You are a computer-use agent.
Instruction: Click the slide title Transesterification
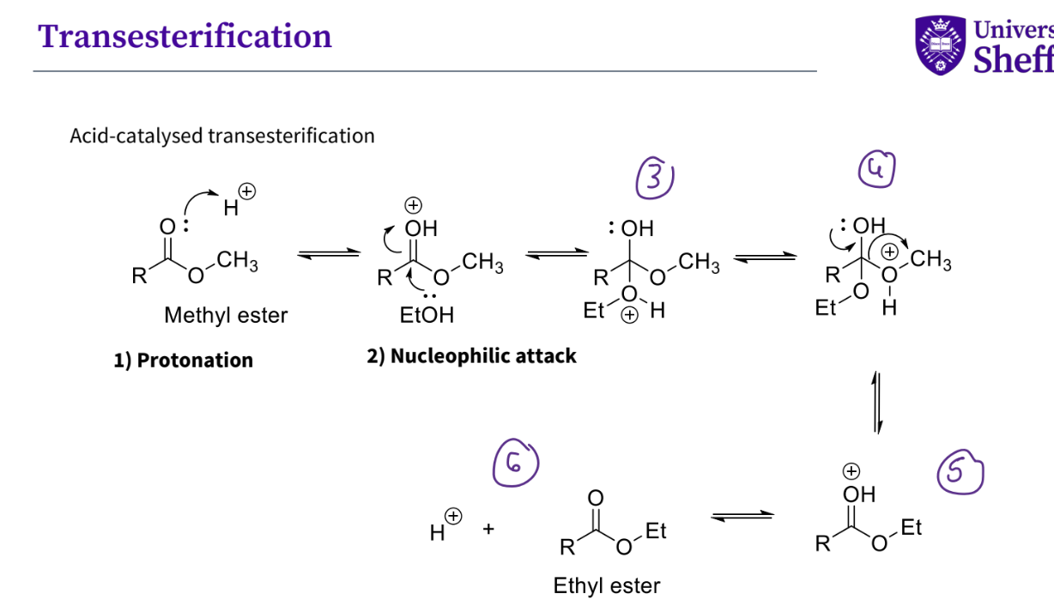pyautogui.click(x=185, y=36)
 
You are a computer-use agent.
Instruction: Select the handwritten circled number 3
pyautogui.click(x=655, y=179)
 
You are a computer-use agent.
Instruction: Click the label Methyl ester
pyautogui.click(x=226, y=316)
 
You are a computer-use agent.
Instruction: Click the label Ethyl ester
pyautogui.click(x=607, y=586)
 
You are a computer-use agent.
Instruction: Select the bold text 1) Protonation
pyautogui.click(x=183, y=360)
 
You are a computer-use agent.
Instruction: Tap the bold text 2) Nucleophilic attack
pyautogui.click(x=471, y=356)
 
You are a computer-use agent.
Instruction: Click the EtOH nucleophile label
pyautogui.click(x=427, y=315)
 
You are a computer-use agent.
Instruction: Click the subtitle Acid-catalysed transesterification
pyautogui.click(x=222, y=136)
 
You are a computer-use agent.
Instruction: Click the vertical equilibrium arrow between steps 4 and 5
pyautogui.click(x=876, y=402)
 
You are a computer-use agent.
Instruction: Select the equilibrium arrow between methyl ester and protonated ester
pyautogui.click(x=328, y=254)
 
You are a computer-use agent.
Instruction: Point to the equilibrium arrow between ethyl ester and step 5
pyautogui.click(x=742, y=516)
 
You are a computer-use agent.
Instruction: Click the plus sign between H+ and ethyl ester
pyautogui.click(x=488, y=530)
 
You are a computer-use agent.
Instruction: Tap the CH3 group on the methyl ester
pyautogui.click(x=237, y=261)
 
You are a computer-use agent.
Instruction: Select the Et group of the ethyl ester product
pyautogui.click(x=656, y=531)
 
